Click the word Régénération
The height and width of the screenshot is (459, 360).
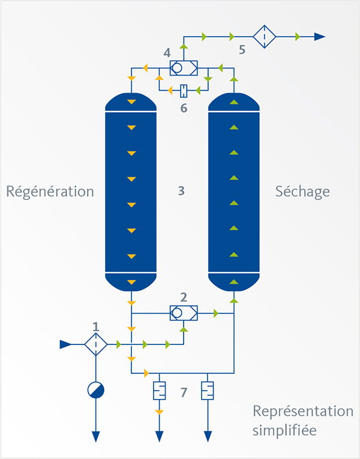coord(50,192)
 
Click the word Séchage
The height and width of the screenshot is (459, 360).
coord(302,192)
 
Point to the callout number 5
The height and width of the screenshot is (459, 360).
coord(242,50)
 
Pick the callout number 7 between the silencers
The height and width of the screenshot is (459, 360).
coord(184,393)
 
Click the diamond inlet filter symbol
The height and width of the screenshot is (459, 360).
coord(95,344)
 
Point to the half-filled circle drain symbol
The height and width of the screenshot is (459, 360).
coord(95,390)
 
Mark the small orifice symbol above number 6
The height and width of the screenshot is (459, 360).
coord(184,91)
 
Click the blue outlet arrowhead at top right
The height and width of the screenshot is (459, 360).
coord(320,36)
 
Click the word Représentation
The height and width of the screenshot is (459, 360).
coord(302,412)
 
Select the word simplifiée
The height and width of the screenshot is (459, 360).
coord(284,431)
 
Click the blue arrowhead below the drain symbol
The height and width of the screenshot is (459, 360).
coord(95,436)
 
